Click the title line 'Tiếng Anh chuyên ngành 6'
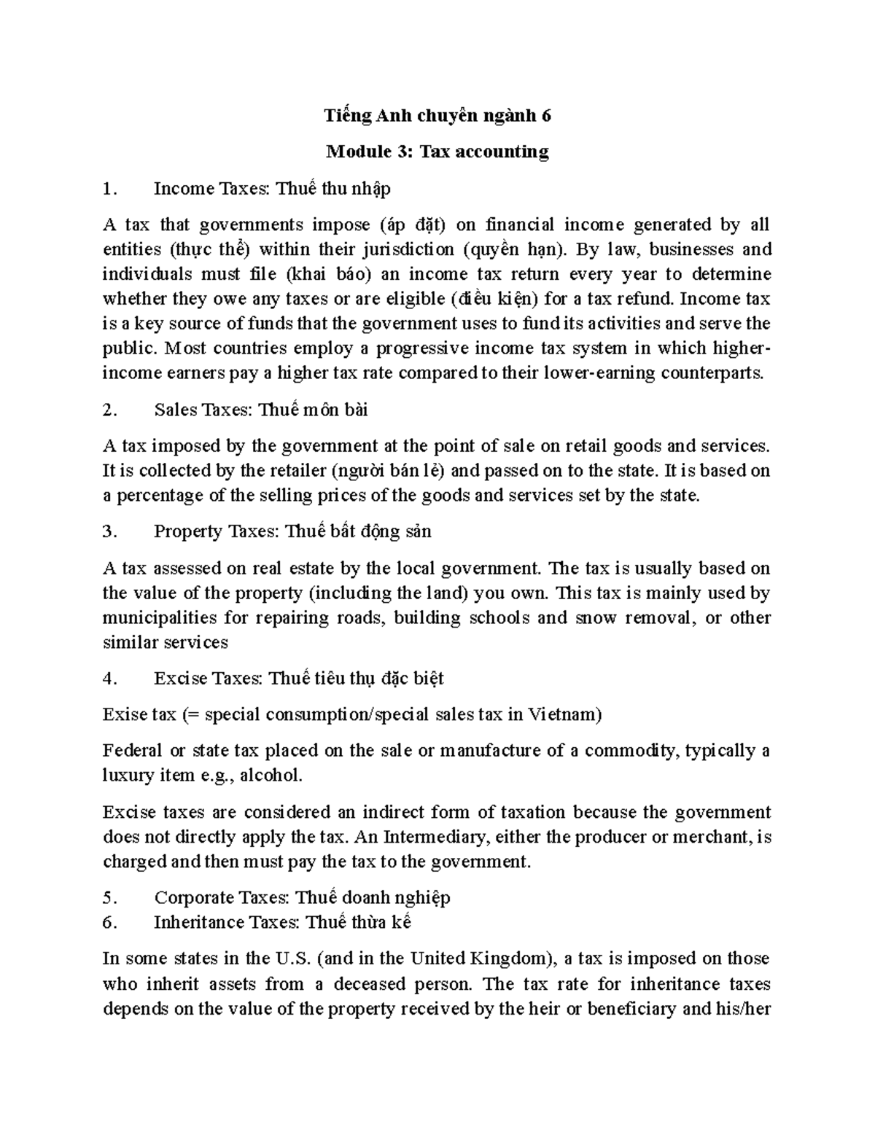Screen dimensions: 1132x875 tap(437, 115)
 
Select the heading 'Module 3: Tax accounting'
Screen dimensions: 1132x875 tap(437, 152)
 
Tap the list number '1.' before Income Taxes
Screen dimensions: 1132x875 tap(110, 189)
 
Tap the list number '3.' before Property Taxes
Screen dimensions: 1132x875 tap(110, 532)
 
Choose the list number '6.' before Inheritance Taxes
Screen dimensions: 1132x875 tap(110, 923)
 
